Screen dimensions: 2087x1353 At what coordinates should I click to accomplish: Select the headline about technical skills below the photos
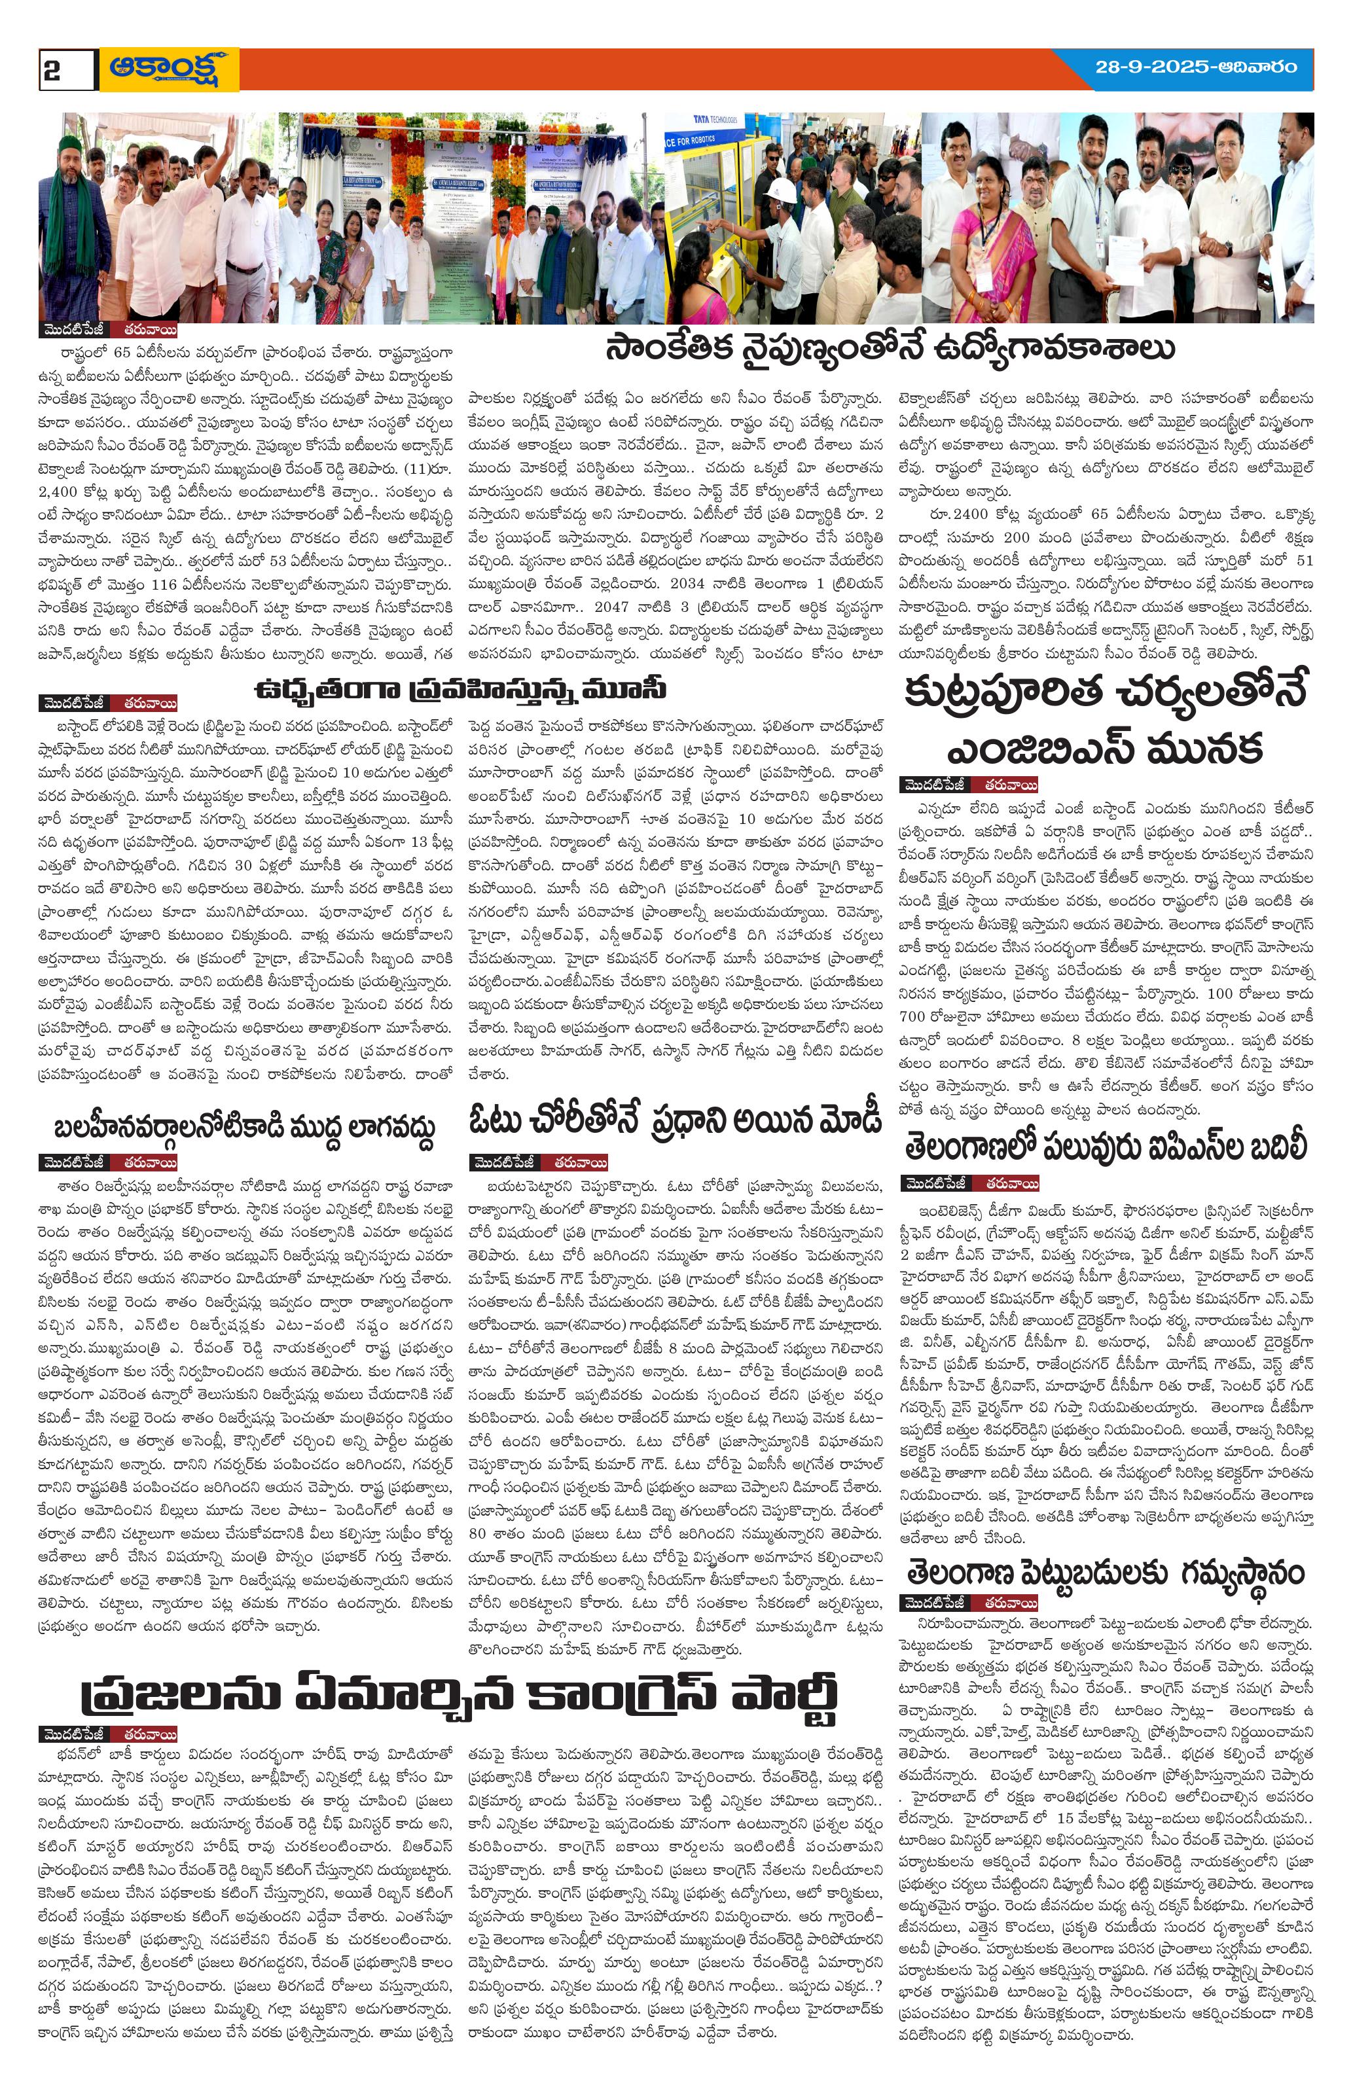(x=889, y=348)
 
